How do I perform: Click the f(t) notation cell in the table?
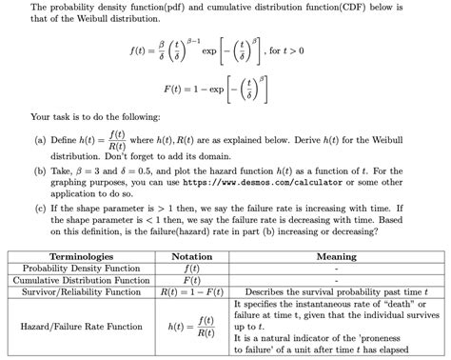191,269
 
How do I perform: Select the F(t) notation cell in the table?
191,280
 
